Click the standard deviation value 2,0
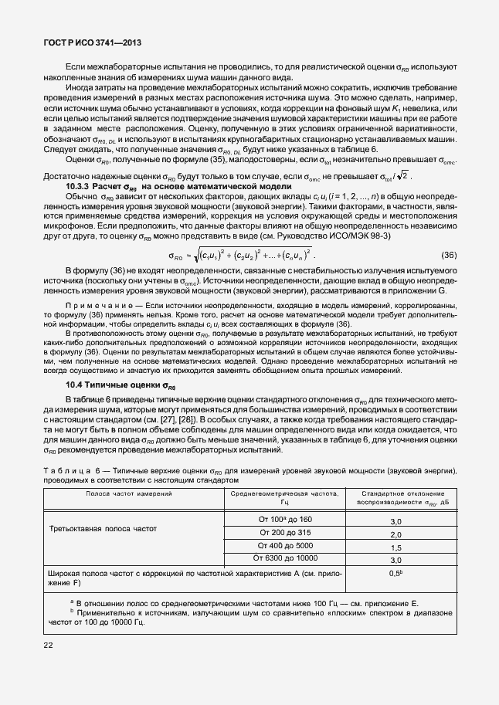395,534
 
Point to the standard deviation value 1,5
395,547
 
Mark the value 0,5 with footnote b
396,573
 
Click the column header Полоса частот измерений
129,492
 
